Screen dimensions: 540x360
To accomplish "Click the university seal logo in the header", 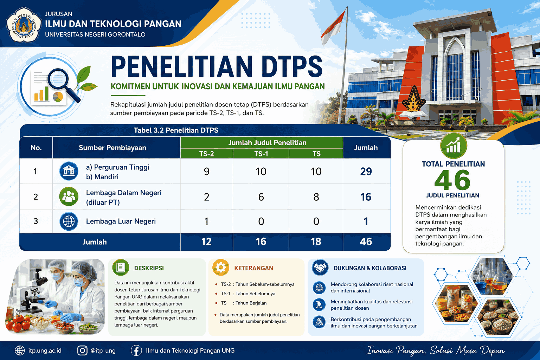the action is (x=24, y=25).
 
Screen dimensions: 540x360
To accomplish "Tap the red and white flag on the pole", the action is (x=333, y=28).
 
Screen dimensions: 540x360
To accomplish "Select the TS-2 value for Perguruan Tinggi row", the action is (x=207, y=172).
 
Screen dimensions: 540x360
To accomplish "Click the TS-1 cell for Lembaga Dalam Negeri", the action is (x=261, y=197).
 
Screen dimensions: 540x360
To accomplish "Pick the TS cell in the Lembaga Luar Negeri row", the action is (x=316, y=221).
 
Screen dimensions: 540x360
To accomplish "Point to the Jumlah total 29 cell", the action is (x=366, y=172).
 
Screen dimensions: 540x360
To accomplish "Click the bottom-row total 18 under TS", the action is (x=316, y=242).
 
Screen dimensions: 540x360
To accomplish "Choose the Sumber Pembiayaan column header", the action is (x=112, y=148).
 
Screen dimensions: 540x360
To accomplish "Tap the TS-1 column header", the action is (x=261, y=154).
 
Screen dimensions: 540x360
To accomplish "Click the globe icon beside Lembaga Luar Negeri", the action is (x=69, y=221).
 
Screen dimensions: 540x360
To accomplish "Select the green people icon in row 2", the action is (x=69, y=197).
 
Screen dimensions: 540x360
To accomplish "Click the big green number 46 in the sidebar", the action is (x=452, y=180).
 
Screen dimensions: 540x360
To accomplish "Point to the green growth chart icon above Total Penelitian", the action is (x=454, y=146).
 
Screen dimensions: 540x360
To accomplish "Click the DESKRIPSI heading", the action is (x=149, y=268).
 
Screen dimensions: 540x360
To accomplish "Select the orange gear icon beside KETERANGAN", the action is (x=220, y=268).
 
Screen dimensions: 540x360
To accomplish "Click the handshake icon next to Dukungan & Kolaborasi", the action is (x=320, y=268).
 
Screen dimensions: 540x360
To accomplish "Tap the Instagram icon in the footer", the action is (x=82, y=351).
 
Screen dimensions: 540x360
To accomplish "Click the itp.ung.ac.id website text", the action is (x=45, y=351).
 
